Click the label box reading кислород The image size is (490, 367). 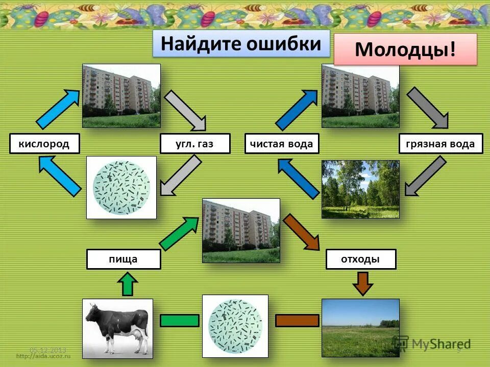[45, 144]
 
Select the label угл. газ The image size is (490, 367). [195, 144]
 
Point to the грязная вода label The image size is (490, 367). [440, 144]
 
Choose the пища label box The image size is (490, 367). [124, 259]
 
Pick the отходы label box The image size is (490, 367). [361, 259]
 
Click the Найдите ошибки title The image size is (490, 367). [241, 44]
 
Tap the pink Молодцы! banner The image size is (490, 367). [405, 49]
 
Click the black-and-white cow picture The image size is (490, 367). [117, 328]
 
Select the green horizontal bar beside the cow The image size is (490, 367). [179, 321]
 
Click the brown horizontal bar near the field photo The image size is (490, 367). [297, 321]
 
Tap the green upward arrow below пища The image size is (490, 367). [128, 283]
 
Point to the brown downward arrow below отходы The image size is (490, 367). [362, 283]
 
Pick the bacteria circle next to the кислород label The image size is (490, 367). [121, 187]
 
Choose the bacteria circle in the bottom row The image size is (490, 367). [235, 326]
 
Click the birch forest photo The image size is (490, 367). [360, 189]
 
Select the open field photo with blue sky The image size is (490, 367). [360, 328]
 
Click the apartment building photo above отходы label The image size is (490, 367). [241, 230]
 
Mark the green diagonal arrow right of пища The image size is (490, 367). [179, 232]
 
